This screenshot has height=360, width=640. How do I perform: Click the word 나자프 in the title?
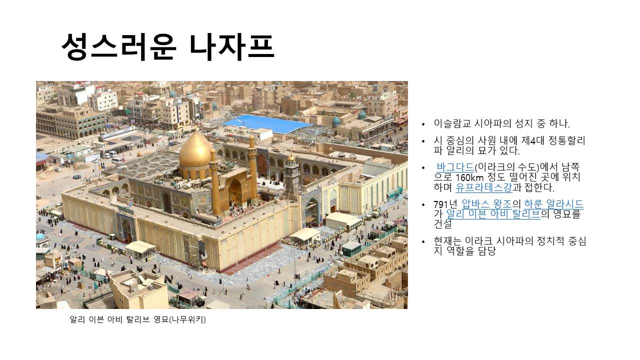(x=231, y=47)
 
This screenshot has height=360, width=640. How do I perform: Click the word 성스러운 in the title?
(x=119, y=47)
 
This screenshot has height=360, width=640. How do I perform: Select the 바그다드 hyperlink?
(x=455, y=167)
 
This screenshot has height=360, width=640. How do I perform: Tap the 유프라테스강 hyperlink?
(x=483, y=187)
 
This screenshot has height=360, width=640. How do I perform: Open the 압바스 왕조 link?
(x=487, y=204)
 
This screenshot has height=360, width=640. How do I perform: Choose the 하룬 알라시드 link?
(x=553, y=204)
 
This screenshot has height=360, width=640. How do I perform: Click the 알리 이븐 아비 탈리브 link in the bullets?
(x=493, y=213)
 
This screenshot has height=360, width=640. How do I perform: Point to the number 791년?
(x=445, y=204)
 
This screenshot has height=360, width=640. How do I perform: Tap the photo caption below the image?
(x=137, y=319)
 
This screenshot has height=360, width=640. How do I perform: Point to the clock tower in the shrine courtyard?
(x=292, y=175)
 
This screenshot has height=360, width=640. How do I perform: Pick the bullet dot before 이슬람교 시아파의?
(x=423, y=124)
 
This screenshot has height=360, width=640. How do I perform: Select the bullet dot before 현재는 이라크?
(x=423, y=241)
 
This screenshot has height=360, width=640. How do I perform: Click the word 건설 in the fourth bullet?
(x=442, y=223)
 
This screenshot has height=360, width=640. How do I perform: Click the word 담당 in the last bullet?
(x=486, y=251)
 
